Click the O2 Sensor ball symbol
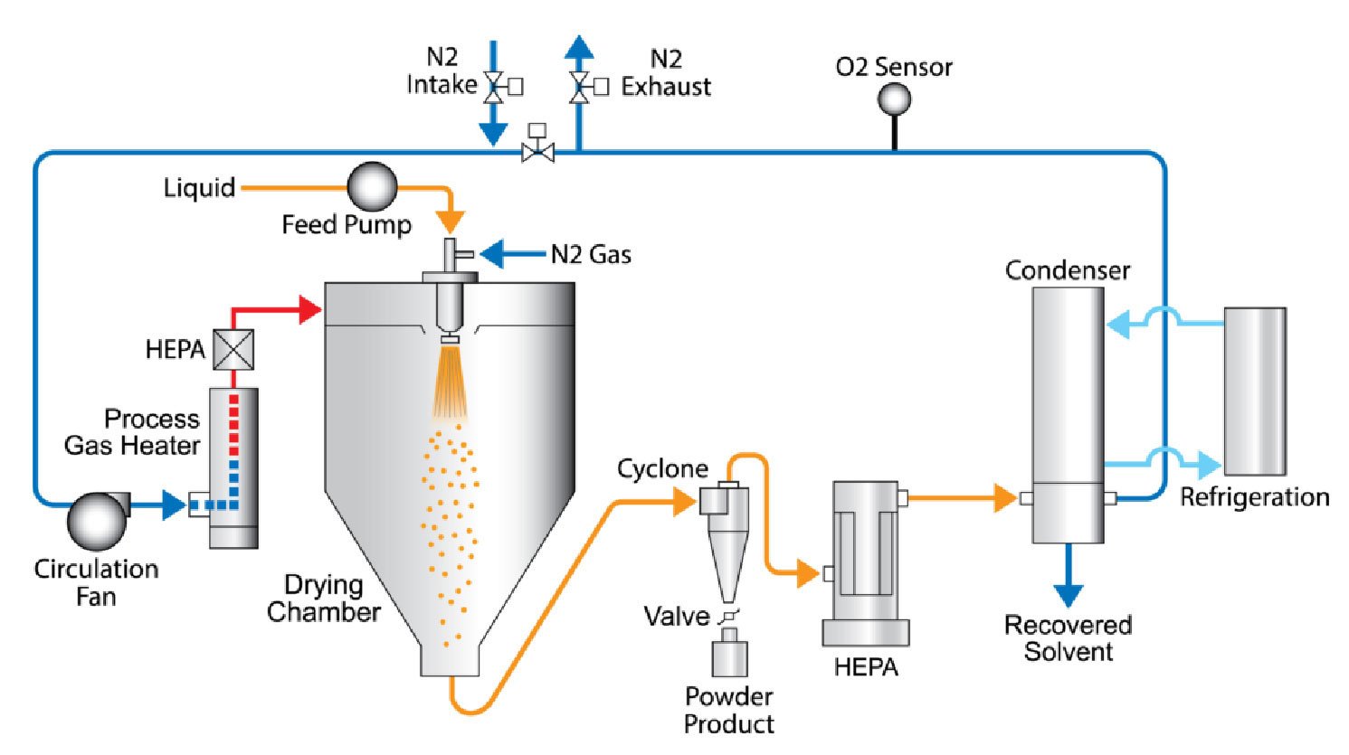point(894,99)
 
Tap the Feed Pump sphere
point(372,186)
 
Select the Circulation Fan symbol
point(95,520)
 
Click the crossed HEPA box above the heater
point(233,349)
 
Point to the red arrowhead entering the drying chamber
point(310,310)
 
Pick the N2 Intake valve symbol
point(494,87)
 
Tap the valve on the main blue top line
point(538,152)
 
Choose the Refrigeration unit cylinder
point(1254,391)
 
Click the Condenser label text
point(1068,270)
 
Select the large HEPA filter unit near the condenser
point(864,561)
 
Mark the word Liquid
point(199,188)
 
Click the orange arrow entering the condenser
point(1004,497)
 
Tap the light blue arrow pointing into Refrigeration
point(1207,466)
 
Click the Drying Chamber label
point(323,599)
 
